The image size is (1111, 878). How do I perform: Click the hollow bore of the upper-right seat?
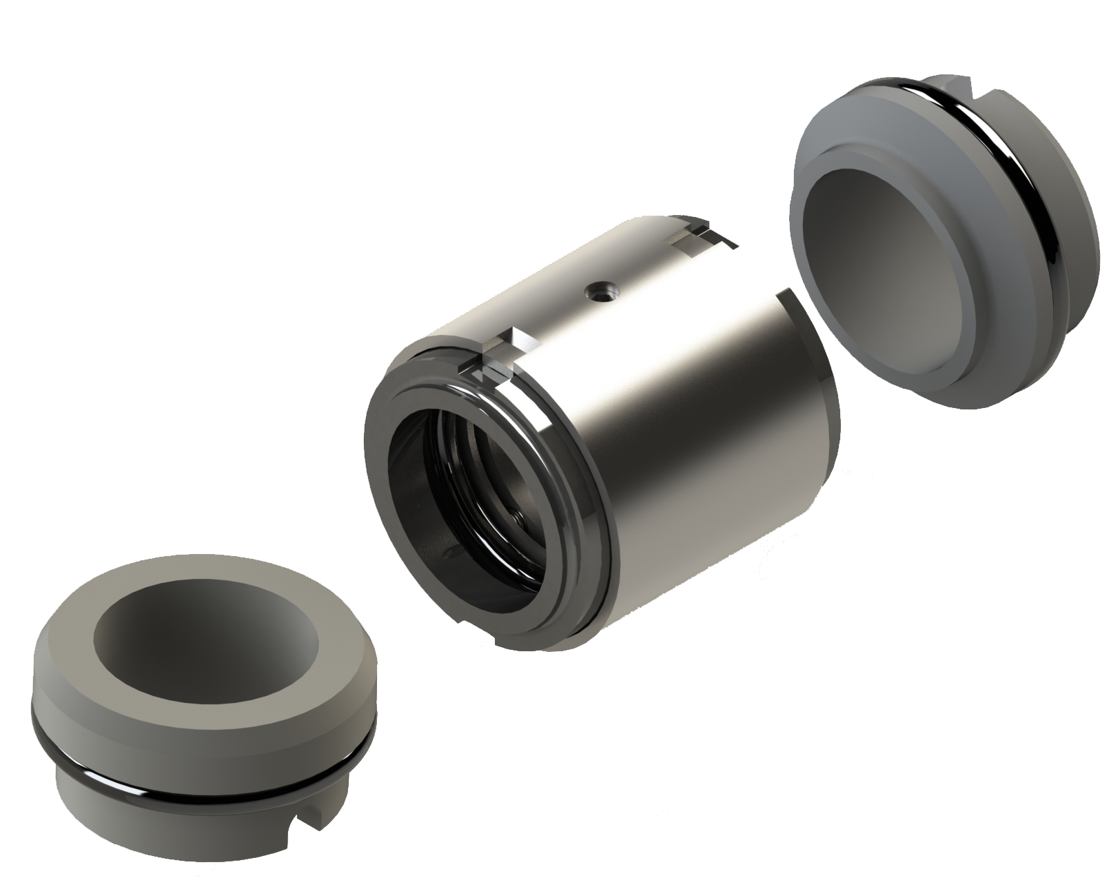pyautogui.click(x=889, y=276)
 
